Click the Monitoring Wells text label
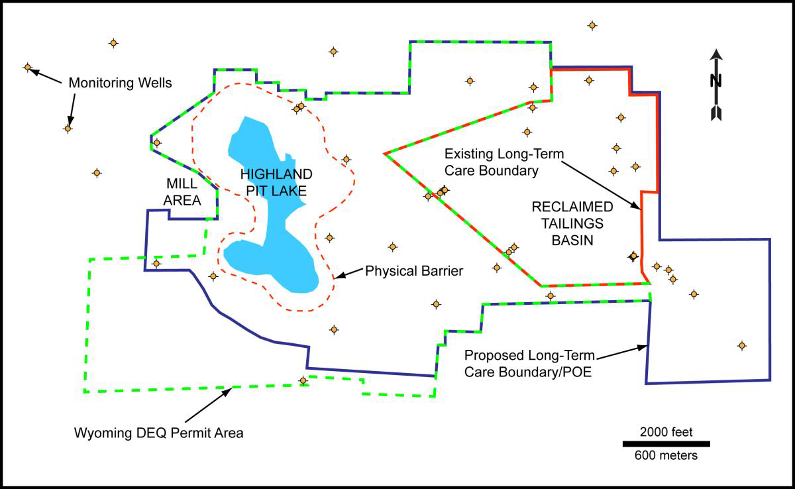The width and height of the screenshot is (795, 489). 120,83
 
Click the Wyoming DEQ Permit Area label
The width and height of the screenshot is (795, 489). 159,434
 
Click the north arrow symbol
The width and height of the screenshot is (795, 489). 715,84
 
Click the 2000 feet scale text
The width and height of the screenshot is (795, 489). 666,432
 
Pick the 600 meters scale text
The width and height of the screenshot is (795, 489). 666,455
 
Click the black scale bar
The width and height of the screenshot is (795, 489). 666,444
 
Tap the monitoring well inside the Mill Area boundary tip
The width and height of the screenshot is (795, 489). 156,142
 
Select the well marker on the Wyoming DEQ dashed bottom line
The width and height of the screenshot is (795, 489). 303,380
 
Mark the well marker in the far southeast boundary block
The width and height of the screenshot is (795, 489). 742,345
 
